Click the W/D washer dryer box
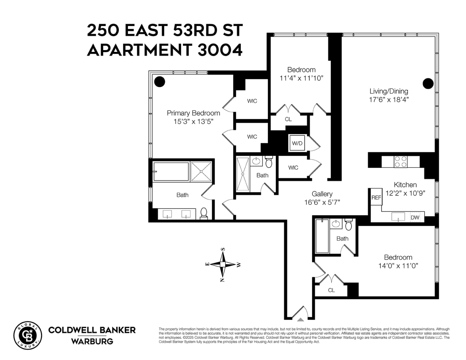pyautogui.click(x=297, y=143)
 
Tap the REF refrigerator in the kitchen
pyautogui.click(x=376, y=197)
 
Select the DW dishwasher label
pyautogui.click(x=415, y=217)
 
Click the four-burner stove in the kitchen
pyautogui.click(x=400, y=161)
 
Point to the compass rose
pyautogui.click(x=223, y=265)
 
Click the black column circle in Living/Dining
pyautogui.click(x=428, y=84)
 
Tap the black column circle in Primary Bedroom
pyautogui.click(x=160, y=82)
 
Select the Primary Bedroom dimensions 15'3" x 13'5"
pyautogui.click(x=193, y=122)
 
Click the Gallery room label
pyautogui.click(x=322, y=194)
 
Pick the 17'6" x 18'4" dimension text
pyautogui.click(x=389, y=100)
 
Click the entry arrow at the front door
pyautogui.click(x=300, y=319)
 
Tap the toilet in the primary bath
pyautogui.click(x=204, y=213)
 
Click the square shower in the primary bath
pyautogui.click(x=201, y=171)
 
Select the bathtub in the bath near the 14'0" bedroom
pyautogui.click(x=322, y=236)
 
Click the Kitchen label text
pyautogui.click(x=405, y=185)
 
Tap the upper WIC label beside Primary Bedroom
pyautogui.click(x=252, y=101)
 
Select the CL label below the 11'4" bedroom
pyautogui.click(x=288, y=119)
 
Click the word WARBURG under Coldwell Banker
pyautogui.click(x=92, y=341)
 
